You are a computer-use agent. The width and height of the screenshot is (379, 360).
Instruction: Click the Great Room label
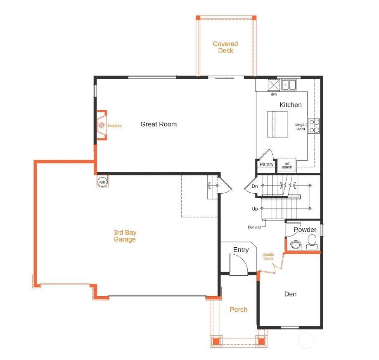(158, 124)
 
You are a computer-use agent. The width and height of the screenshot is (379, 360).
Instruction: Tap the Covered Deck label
(225, 47)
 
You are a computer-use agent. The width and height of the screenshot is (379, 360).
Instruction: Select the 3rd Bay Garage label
(125, 236)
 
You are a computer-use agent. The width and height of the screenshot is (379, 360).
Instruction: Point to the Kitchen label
(291, 105)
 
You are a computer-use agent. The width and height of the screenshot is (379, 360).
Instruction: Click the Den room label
(290, 294)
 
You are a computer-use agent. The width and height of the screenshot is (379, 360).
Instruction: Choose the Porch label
(239, 310)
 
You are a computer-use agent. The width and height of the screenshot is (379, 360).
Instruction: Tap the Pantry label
(266, 164)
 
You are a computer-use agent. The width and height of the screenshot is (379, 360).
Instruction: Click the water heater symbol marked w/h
(102, 182)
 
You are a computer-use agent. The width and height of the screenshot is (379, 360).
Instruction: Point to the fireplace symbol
(102, 125)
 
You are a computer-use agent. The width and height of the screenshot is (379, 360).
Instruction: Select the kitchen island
(277, 124)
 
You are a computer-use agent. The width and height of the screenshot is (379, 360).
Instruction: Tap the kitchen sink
(288, 85)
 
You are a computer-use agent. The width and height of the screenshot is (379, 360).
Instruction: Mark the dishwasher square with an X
(274, 85)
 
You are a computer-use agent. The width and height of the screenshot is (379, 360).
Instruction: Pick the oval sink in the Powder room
(296, 245)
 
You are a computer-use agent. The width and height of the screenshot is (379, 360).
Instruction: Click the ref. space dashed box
(287, 165)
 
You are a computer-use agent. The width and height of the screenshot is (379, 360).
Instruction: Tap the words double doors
(268, 256)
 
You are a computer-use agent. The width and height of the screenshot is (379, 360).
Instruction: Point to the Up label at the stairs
(255, 209)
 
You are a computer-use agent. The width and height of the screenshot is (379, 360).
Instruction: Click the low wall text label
(254, 227)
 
